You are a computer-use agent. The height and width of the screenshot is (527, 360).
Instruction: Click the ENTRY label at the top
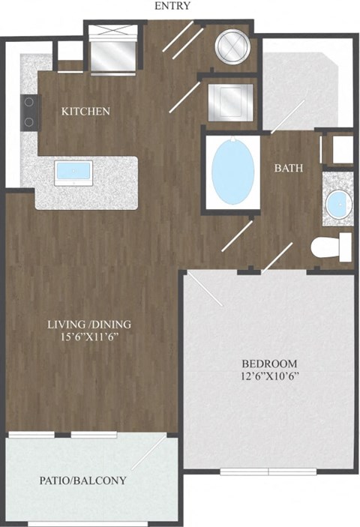[x=173, y=7]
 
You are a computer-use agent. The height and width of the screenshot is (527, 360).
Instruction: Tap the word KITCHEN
[x=85, y=112]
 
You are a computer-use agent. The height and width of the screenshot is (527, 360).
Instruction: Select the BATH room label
[x=288, y=168]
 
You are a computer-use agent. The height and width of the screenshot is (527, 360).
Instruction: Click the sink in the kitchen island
[x=73, y=172]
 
